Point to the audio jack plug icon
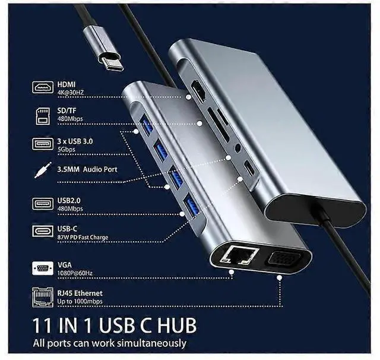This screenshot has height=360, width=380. [x=41, y=170]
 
